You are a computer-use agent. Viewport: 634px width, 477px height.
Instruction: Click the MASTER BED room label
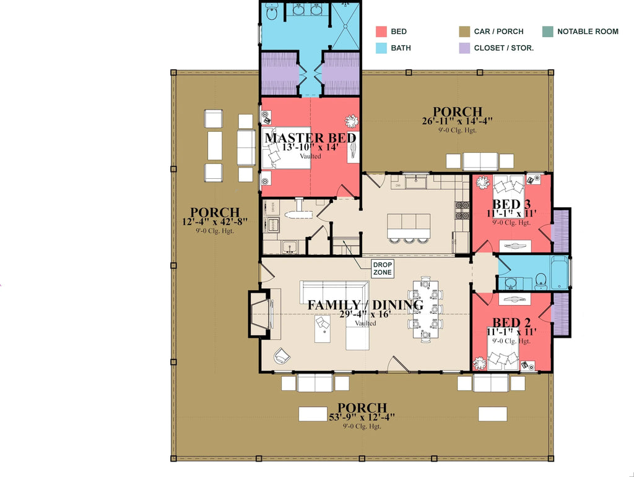click(311, 137)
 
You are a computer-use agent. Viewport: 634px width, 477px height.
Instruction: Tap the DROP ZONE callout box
click(382, 269)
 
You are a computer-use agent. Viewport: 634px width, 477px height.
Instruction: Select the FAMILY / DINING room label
click(365, 305)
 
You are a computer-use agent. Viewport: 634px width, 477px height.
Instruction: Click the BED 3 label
click(512, 204)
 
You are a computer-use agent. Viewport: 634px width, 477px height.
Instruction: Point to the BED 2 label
click(512, 322)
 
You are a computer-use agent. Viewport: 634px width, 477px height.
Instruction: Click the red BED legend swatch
click(381, 32)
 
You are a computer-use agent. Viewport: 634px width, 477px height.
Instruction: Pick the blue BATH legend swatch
click(381, 48)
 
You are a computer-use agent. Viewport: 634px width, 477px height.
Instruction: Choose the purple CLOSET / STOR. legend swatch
click(464, 48)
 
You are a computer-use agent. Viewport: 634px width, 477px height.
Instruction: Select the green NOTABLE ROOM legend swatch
click(547, 32)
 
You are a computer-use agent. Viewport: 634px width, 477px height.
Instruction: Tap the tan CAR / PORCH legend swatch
click(464, 32)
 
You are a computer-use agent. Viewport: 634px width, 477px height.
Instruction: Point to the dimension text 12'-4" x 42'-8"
click(215, 221)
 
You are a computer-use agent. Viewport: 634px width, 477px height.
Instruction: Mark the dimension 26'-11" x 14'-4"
click(458, 121)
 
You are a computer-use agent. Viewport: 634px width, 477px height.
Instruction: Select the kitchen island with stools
click(409, 223)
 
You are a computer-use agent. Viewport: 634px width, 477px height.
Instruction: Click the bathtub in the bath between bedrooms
click(559, 272)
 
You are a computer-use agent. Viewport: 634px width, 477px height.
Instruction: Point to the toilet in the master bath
click(271, 12)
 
